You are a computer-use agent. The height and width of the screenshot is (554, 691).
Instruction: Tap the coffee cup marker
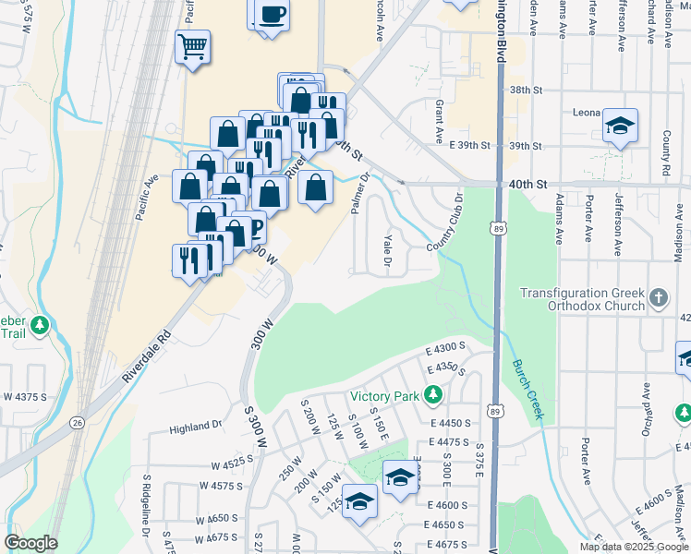[x=272, y=15]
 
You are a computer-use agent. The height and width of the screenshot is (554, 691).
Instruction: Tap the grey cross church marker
[x=658, y=297]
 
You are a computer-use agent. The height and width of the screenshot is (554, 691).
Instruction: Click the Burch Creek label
[x=526, y=389]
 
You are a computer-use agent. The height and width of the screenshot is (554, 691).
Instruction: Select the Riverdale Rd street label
[x=146, y=358]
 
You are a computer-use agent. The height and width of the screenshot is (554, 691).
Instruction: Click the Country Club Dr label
[x=445, y=223]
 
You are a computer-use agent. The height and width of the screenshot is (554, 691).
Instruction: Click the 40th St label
[x=527, y=185]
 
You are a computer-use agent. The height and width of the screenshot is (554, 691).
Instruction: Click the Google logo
[x=30, y=543]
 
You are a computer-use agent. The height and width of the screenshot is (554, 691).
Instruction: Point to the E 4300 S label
[x=444, y=347]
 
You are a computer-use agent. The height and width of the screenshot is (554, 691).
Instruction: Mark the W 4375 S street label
[x=26, y=396]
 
